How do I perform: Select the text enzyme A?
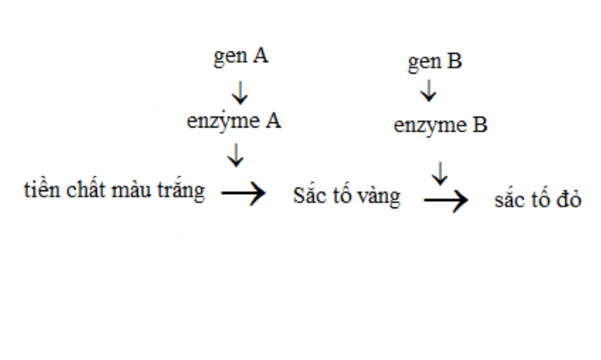(x=234, y=121)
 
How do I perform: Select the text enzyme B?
(x=440, y=126)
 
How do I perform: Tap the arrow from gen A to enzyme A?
(x=239, y=91)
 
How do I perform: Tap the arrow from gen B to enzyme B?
(x=429, y=92)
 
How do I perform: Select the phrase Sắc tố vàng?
(x=346, y=197)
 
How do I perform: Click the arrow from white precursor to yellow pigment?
(x=243, y=194)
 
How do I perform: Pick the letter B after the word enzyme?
(x=480, y=126)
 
